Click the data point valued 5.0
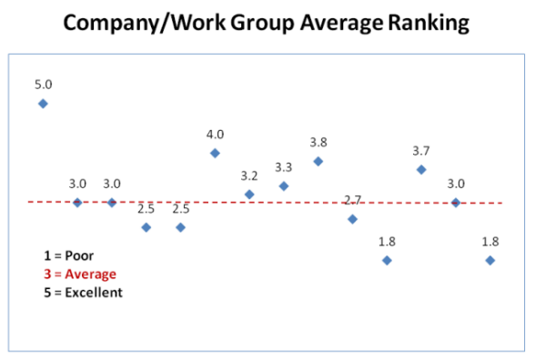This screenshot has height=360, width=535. pos(43,104)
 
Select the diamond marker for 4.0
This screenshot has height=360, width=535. pos(215,153)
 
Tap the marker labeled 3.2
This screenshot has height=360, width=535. pos(249,194)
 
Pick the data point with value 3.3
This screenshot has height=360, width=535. pos(284,185)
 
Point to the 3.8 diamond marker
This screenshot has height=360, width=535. pos(318,161)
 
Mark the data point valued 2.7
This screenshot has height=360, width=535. pos(353,218)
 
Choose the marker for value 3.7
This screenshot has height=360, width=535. pos(421,169)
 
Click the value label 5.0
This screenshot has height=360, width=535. pos(43,85)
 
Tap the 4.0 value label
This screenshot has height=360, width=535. pos(215,135)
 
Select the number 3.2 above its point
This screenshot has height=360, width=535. pos(249,175)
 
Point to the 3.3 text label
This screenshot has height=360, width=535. pos(284,167)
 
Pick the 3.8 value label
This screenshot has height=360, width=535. pos(318,143)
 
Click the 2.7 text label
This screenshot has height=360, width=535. pos(353,200)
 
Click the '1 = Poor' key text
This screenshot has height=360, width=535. pos(68,255)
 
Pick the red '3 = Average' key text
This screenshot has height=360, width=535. pos(80,274)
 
